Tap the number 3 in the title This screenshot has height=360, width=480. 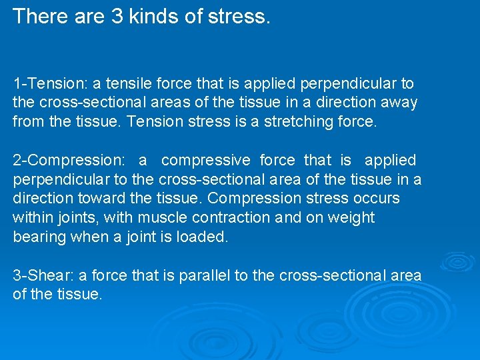(x=113, y=16)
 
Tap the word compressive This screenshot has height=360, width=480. (x=206, y=161)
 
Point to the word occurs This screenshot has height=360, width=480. (x=376, y=199)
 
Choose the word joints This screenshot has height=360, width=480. (x=67, y=218)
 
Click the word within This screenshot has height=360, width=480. (x=31, y=218)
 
